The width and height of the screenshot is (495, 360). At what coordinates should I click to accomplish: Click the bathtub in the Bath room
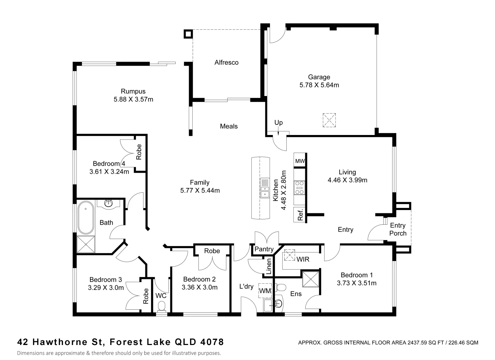click(86, 217)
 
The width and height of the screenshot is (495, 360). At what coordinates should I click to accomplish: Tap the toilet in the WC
click(161, 306)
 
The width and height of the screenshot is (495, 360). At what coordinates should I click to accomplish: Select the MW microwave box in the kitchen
click(300, 161)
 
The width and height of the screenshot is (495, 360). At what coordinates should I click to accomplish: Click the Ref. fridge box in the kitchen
click(300, 215)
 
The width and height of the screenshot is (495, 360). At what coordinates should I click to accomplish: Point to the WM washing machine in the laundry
click(265, 291)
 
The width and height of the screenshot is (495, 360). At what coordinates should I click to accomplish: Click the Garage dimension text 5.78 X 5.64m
click(319, 85)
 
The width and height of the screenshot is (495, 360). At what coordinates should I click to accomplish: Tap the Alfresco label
click(226, 62)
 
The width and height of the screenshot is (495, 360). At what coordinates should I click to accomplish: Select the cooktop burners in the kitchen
click(299, 187)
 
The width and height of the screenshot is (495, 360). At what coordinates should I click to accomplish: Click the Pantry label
click(264, 249)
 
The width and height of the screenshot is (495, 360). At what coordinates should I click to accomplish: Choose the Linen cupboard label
click(269, 266)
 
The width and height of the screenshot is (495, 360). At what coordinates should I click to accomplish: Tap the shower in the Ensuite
click(310, 279)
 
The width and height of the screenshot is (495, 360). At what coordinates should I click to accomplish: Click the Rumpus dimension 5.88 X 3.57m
click(133, 99)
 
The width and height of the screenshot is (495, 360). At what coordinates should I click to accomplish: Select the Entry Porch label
click(398, 229)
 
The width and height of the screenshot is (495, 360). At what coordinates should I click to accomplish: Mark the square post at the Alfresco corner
click(188, 34)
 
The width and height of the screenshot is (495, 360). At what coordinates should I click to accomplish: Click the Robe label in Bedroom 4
click(139, 152)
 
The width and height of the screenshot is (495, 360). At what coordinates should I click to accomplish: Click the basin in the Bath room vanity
click(108, 203)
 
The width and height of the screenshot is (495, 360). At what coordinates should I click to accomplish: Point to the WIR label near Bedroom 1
click(303, 259)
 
